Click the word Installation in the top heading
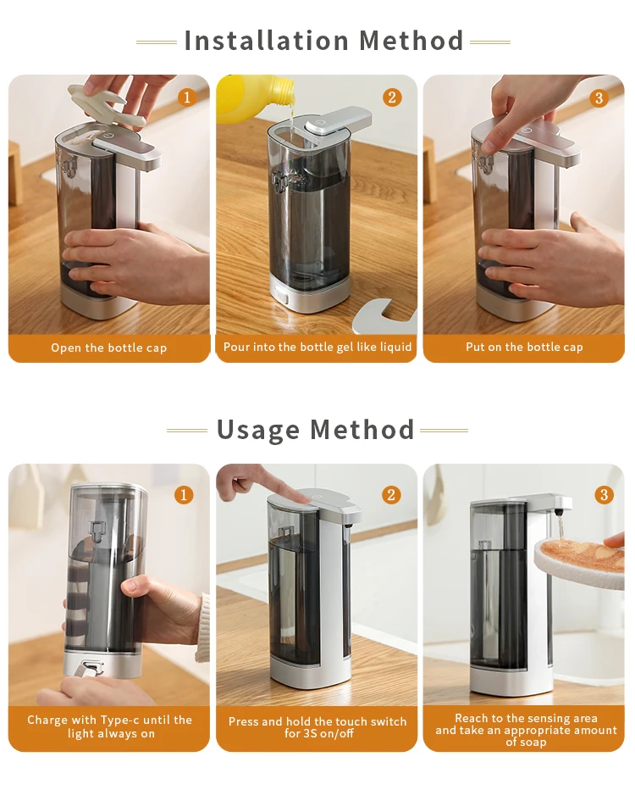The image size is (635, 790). tap(266, 41)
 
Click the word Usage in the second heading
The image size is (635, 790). tap(258, 431)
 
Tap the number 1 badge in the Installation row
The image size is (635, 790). tap(187, 97)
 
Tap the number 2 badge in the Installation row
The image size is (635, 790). tap(392, 97)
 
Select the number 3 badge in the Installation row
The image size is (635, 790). tap(599, 97)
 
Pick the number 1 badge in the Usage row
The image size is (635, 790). tap(184, 495)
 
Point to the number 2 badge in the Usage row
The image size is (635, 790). tap(391, 495)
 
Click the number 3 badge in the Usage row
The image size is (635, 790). tap(604, 495)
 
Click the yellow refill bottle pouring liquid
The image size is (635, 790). tap(254, 96)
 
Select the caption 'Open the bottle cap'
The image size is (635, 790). tap(108, 348)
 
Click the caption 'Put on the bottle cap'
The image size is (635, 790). tap(524, 348)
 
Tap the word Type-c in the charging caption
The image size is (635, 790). tap(119, 720)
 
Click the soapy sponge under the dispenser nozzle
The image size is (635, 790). tap(578, 559)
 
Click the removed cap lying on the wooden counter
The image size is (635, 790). tap(384, 316)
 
